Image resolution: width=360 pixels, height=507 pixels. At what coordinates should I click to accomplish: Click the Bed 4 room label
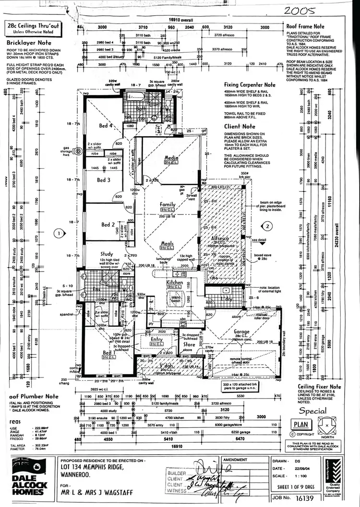[106, 126]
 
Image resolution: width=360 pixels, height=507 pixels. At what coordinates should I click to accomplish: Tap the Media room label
[171, 158]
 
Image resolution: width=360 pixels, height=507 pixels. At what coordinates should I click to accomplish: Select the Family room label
[168, 205]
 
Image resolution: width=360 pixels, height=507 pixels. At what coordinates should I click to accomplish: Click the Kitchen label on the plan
[174, 283]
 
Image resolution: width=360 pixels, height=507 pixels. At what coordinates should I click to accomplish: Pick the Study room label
[106, 254]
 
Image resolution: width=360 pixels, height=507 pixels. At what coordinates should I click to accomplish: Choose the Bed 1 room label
[108, 353]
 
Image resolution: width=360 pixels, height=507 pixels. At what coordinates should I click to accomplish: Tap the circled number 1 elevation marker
[59, 234]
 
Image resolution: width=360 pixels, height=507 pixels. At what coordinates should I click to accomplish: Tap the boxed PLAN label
[301, 424]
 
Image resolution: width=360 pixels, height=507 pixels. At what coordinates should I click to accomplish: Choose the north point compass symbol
[326, 425]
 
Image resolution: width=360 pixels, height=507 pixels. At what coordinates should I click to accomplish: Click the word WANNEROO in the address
[77, 475]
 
